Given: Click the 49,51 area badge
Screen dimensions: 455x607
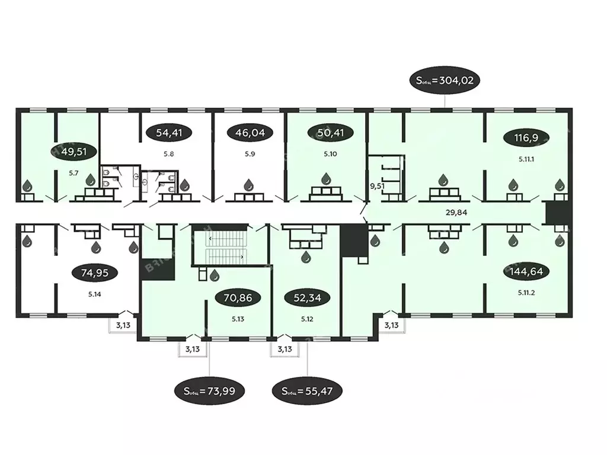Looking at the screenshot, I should tap(70, 152).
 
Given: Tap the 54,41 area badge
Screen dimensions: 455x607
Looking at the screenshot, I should tap(168, 133).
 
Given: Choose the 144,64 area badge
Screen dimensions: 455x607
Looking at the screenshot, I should tap(526, 272).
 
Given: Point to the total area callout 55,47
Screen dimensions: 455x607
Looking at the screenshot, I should tap(306, 391).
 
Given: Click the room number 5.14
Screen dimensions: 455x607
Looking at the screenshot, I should tap(94, 293).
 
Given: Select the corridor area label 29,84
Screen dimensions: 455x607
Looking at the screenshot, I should tap(457, 211).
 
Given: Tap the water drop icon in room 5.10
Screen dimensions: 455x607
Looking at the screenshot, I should tap(326, 178).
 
